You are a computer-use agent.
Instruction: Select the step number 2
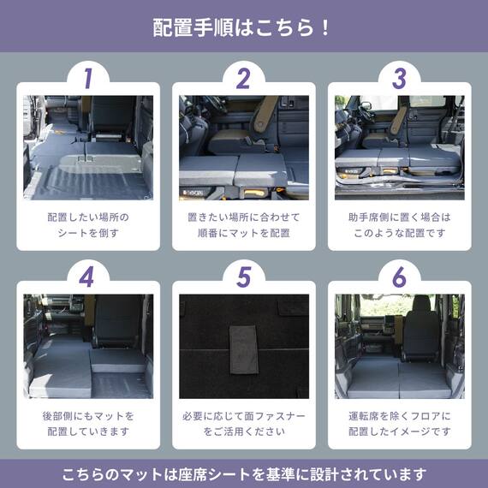243,78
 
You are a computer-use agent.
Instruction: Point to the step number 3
399,78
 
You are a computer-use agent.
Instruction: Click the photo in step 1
88,146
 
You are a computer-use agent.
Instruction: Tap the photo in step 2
244,146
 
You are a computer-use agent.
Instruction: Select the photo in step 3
399,146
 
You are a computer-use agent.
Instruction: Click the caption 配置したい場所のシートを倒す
88,225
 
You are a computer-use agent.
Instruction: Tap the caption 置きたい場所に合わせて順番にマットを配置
244,225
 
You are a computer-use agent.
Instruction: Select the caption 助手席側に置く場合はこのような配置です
399,225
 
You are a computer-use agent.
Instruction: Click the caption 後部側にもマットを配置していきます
88,424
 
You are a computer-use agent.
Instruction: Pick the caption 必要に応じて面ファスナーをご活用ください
244,424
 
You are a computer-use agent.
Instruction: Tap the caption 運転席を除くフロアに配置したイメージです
399,424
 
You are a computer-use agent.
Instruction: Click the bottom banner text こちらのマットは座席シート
244,473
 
